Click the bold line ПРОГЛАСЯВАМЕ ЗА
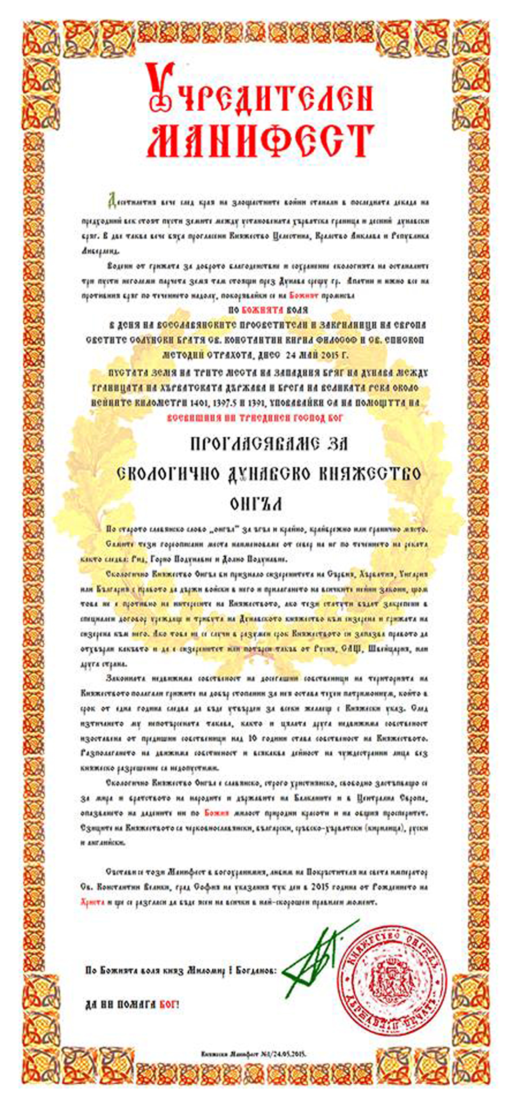269,444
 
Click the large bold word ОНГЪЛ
256,504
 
